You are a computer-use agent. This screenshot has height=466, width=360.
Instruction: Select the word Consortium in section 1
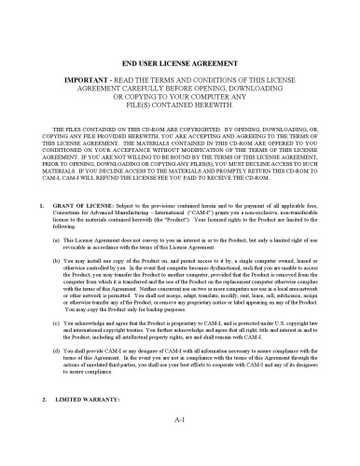tap(69, 237)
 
